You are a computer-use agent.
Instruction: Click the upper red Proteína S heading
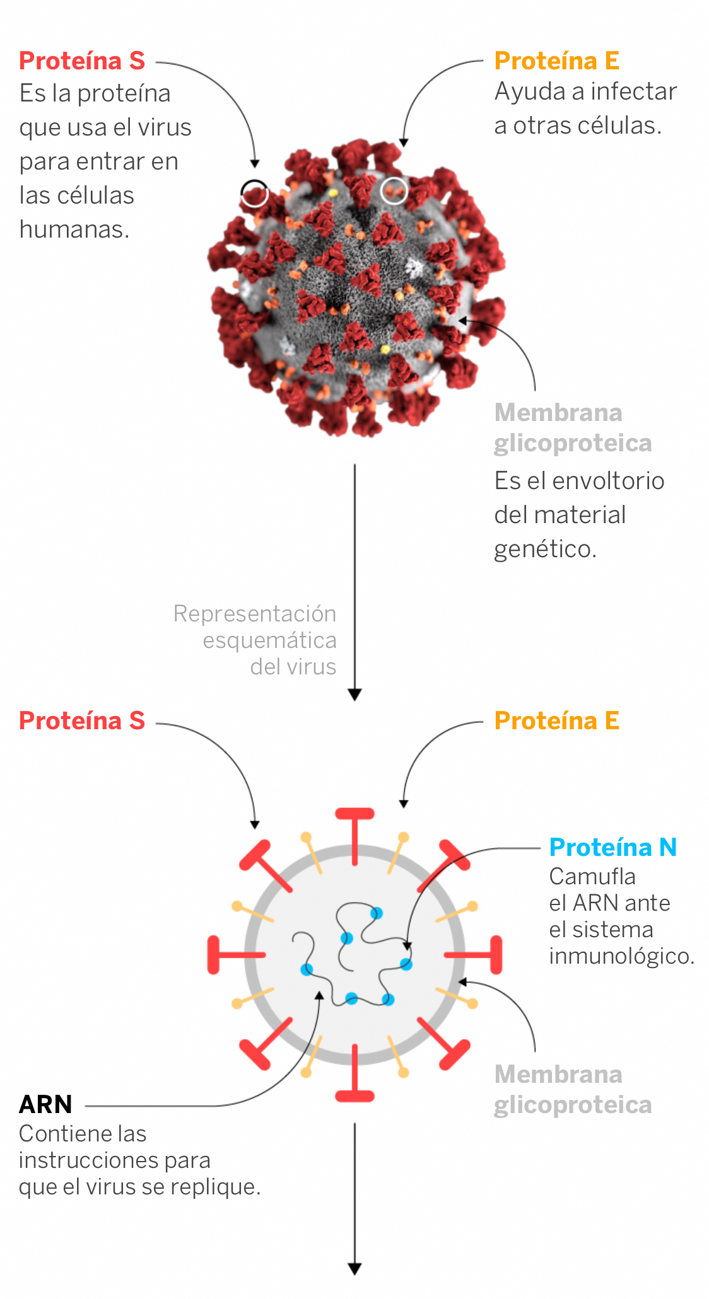[82, 61]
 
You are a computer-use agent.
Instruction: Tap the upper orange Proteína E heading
[557, 61]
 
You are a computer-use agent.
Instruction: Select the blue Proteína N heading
[613, 847]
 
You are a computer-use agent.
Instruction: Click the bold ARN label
[45, 1104]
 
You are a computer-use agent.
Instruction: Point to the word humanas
[74, 229]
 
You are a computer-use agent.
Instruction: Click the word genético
[545, 550]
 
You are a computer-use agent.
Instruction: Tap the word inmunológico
[622, 956]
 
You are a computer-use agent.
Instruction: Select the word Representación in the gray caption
[255, 614]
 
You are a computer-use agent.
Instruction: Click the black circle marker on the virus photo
[254, 193]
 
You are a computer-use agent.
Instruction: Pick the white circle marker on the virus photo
[394, 190]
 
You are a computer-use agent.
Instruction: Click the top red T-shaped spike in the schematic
[355, 836]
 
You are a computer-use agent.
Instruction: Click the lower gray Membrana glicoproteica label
[573, 1090]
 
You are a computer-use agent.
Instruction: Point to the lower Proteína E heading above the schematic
[557, 720]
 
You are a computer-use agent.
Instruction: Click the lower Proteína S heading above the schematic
[82, 720]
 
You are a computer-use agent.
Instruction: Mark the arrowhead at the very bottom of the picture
[355, 1269]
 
